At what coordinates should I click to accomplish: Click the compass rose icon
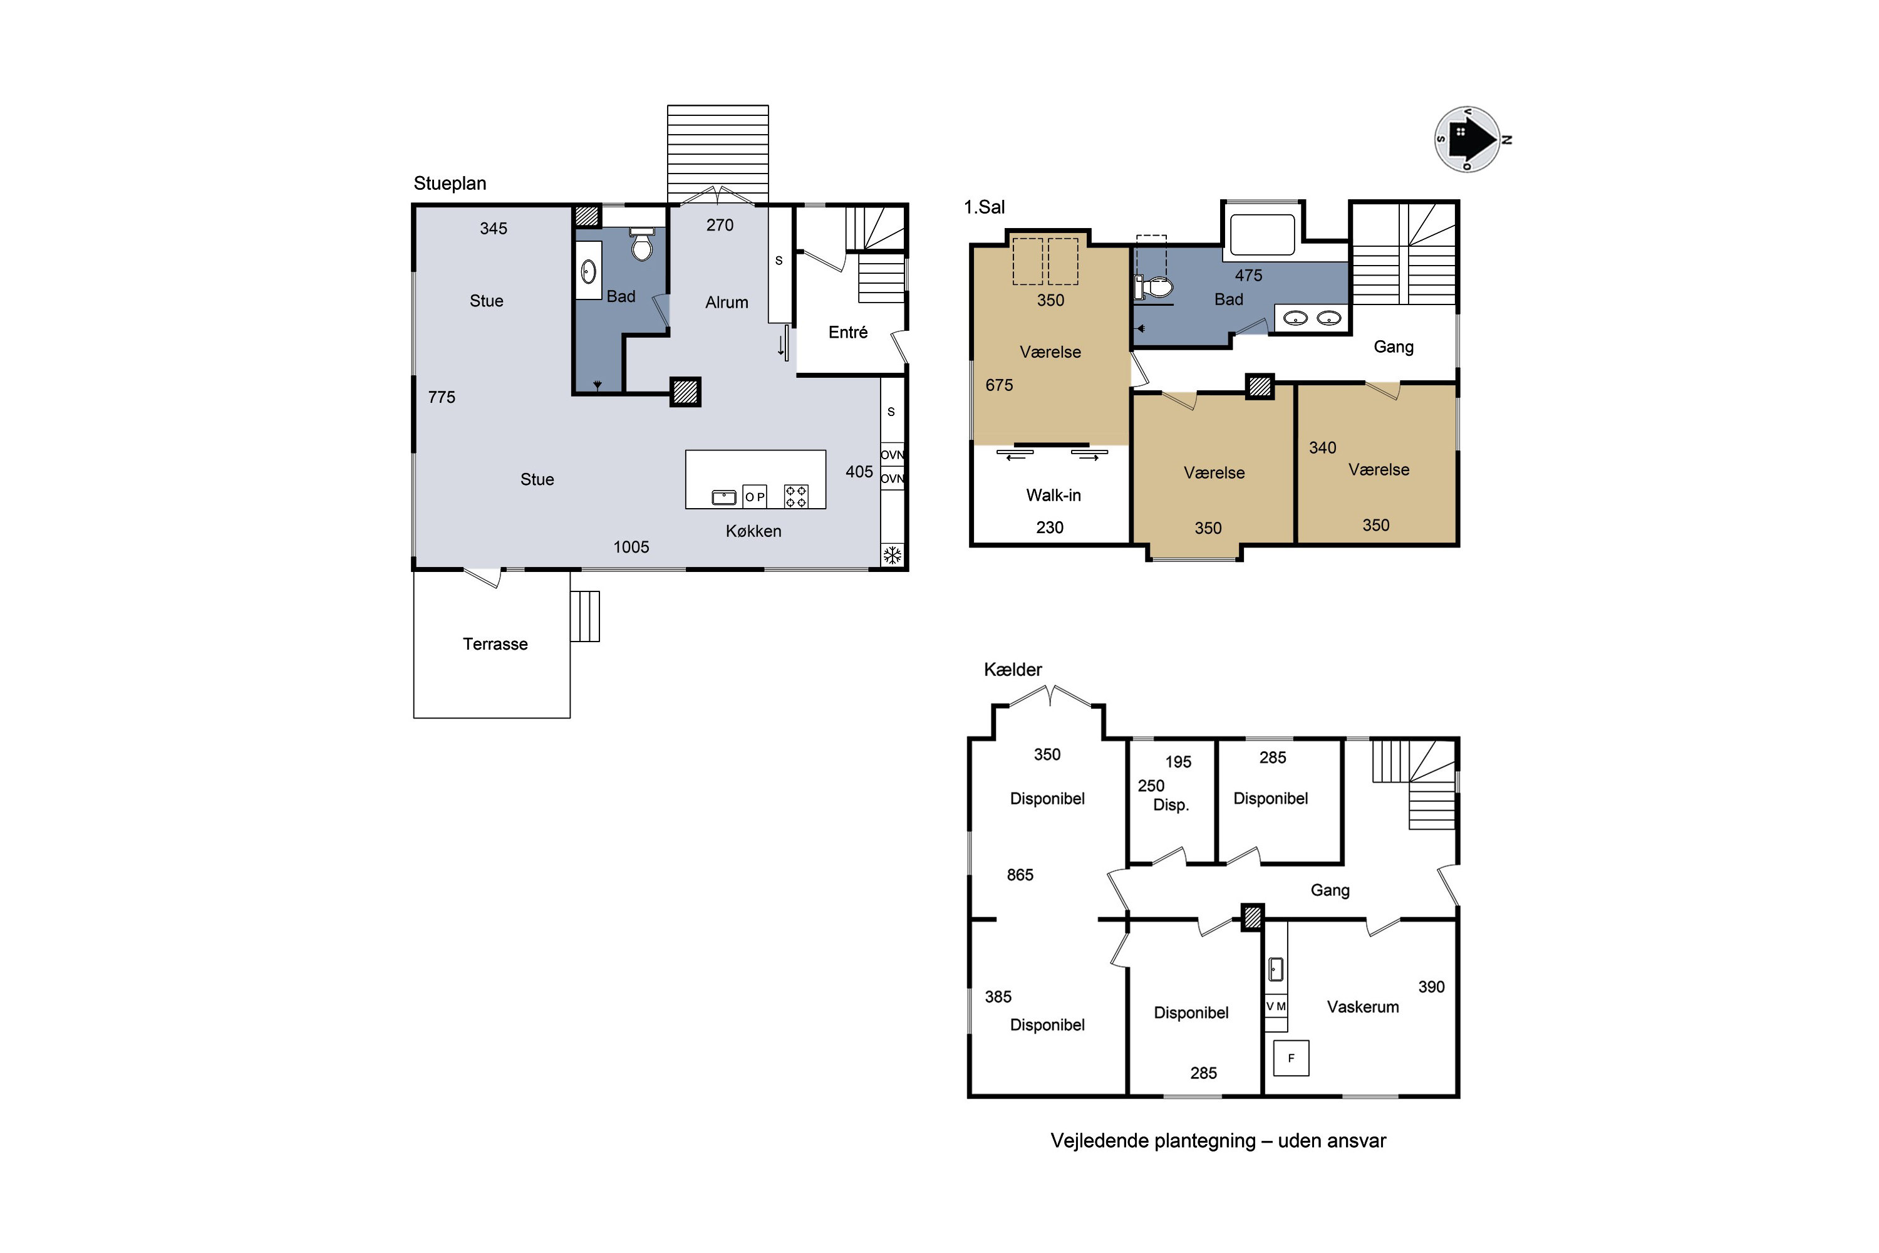click(x=1467, y=139)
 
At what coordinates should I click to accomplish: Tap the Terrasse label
click(x=495, y=644)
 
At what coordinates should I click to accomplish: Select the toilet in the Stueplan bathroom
click(x=641, y=244)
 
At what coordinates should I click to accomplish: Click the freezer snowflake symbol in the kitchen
click(x=893, y=555)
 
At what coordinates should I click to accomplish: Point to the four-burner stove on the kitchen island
click(x=795, y=496)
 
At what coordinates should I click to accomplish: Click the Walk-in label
click(x=1053, y=496)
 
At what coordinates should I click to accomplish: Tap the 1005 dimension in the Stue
click(x=631, y=548)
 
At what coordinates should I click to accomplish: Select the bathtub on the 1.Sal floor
click(x=1262, y=234)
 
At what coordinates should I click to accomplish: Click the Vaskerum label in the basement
click(x=1363, y=1007)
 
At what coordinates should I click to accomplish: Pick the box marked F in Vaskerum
click(x=1291, y=1058)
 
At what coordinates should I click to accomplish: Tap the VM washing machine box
click(x=1276, y=1006)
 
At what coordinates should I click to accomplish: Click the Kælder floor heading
click(x=1013, y=670)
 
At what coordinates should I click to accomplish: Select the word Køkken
click(x=753, y=531)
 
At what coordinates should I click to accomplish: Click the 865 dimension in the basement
click(x=1020, y=875)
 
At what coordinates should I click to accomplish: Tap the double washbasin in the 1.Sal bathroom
click(x=1312, y=318)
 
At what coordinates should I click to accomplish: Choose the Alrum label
click(x=727, y=303)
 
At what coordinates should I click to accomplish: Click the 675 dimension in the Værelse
click(x=1000, y=385)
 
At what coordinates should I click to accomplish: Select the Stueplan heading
click(x=450, y=184)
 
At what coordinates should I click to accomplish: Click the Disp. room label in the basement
click(x=1171, y=806)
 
